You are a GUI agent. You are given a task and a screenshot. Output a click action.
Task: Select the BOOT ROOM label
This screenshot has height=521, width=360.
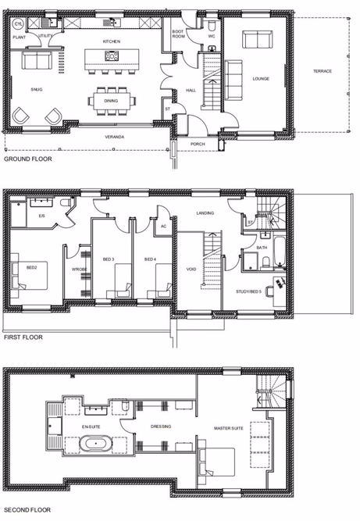(x=178, y=34)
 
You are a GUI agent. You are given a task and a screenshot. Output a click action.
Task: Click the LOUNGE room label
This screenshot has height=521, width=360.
(x=260, y=79)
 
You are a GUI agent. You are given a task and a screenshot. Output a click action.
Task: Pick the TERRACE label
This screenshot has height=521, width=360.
(x=323, y=71)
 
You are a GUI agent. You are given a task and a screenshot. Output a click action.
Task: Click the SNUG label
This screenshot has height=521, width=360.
(x=37, y=91)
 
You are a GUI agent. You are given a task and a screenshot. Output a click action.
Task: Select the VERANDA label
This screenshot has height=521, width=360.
(x=116, y=137)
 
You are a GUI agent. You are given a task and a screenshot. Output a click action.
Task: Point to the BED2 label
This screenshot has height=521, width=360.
(x=32, y=267)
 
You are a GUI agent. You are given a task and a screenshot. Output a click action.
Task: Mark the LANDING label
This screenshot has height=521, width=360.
(x=205, y=212)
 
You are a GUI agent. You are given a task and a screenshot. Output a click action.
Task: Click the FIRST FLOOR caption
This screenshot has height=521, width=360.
(x=22, y=338)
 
